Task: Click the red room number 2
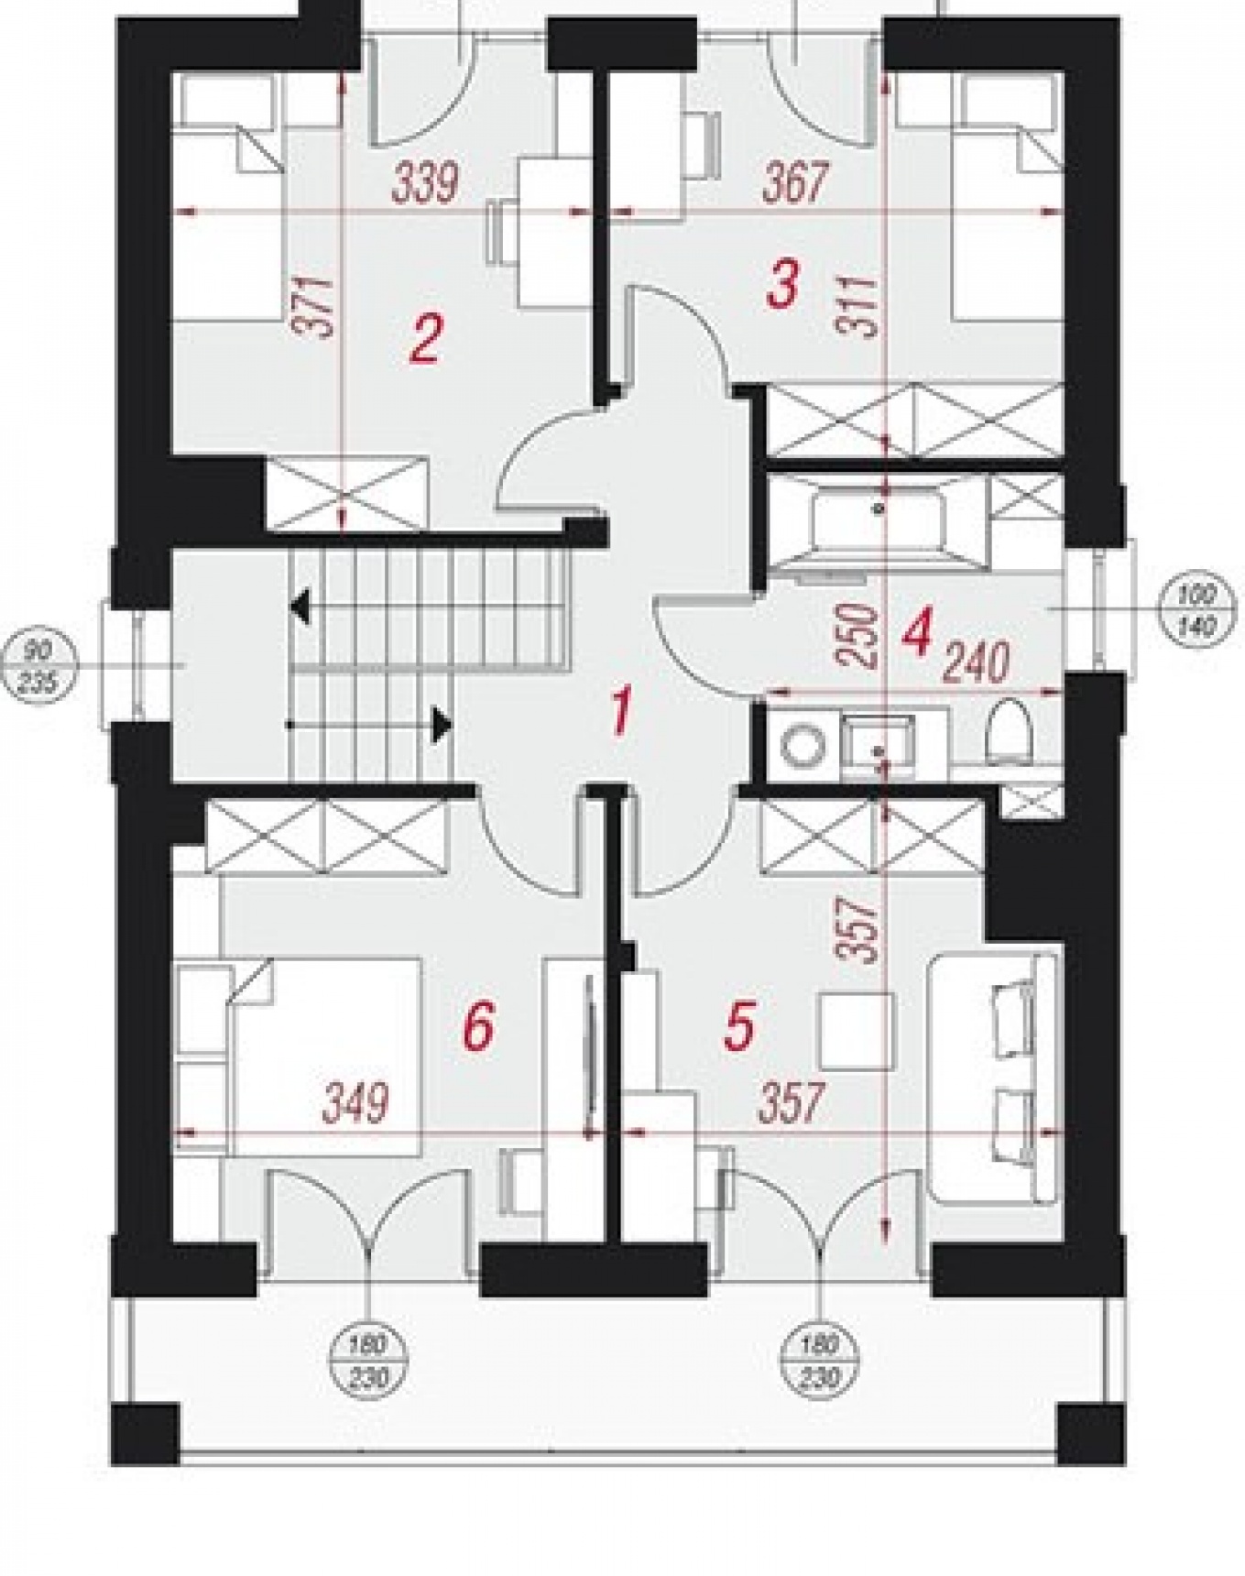(426, 338)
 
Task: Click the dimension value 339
(425, 182)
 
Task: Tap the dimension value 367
(794, 182)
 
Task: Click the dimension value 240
(977, 662)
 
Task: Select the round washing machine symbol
(805, 745)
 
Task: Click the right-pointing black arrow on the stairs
(443, 725)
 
